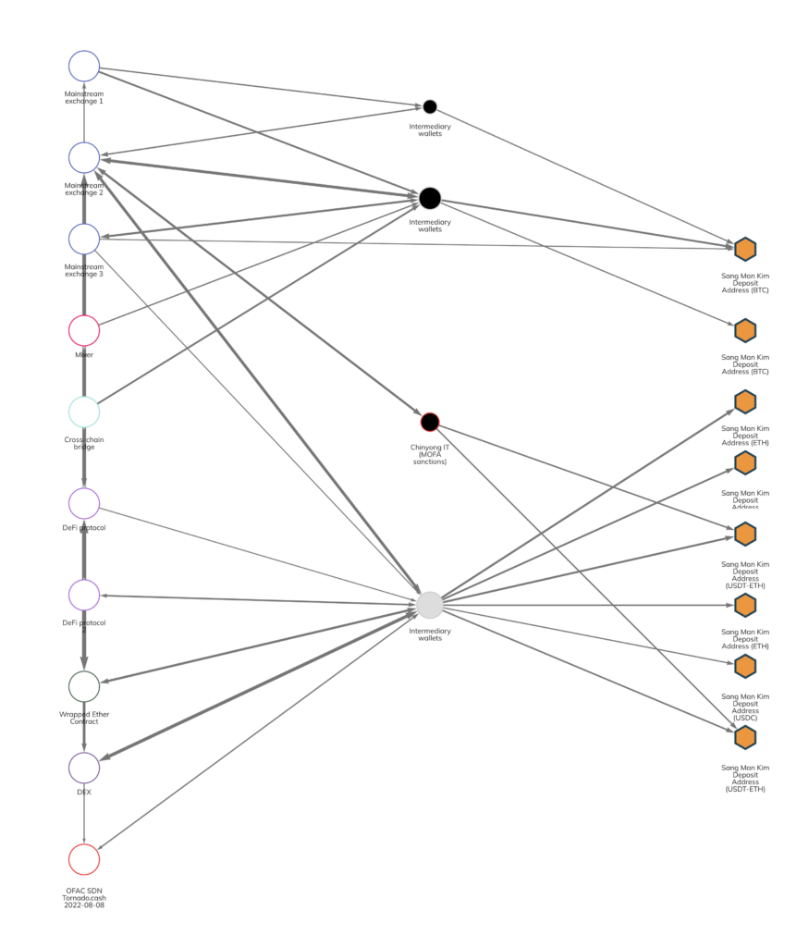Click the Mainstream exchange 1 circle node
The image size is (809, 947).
click(x=84, y=66)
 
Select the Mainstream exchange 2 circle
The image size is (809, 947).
click(x=84, y=157)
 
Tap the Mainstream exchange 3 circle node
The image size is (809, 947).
click(x=84, y=239)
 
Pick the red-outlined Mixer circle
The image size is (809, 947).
click(x=84, y=330)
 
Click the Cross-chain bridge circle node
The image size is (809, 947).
click(x=84, y=412)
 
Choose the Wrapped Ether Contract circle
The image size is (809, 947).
click(x=84, y=686)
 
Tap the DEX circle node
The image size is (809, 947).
click(x=84, y=768)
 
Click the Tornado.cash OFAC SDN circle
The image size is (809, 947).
click(x=84, y=859)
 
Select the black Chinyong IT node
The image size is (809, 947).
click(x=430, y=422)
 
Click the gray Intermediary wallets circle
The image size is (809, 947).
click(x=430, y=605)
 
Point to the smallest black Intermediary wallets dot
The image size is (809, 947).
click(x=430, y=106)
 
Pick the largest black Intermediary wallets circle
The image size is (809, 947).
click(x=430, y=198)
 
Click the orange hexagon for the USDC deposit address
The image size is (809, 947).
click(x=745, y=666)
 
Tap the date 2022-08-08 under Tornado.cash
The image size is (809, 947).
click(x=84, y=904)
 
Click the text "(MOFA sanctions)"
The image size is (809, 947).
click(x=430, y=458)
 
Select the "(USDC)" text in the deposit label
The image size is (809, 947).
click(x=745, y=718)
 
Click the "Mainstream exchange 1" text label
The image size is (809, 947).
click(x=84, y=97)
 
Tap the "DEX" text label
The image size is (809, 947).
click(x=84, y=793)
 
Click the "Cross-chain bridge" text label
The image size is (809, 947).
click(x=84, y=443)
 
